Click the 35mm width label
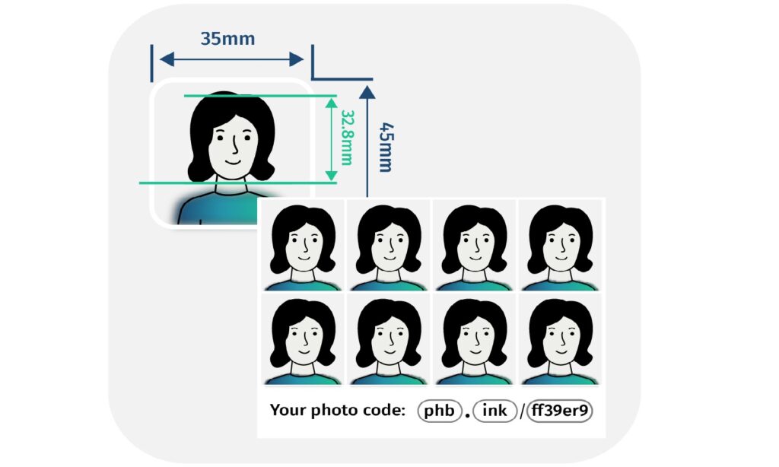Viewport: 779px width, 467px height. point(227,38)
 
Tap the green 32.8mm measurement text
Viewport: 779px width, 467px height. point(347,138)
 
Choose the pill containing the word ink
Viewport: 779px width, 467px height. point(494,411)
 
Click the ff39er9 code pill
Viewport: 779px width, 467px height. point(560,411)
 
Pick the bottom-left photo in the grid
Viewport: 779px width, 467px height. point(303,340)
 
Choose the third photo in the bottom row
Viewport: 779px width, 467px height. point(475,340)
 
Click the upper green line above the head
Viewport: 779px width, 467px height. point(259,97)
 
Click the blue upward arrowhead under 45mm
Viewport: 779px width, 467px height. point(367,92)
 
